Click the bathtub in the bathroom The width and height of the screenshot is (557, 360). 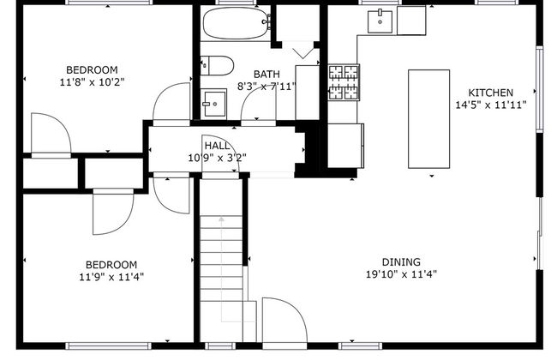click(236, 23)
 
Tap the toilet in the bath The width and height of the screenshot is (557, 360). click(217, 65)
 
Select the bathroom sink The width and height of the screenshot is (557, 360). click(213, 104)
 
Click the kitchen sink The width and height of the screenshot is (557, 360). click(380, 21)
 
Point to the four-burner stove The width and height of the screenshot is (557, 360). click(344, 82)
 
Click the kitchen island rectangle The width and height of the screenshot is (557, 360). click(428, 118)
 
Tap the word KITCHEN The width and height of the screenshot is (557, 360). click(490, 93)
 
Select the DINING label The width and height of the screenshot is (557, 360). click(401, 262)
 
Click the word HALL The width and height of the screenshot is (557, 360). click(217, 146)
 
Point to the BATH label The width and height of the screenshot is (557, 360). click(267, 75)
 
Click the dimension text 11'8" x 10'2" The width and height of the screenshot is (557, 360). click(92, 82)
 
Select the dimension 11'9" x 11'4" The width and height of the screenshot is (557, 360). click(111, 277)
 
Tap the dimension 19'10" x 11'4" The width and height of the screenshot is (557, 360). click(401, 274)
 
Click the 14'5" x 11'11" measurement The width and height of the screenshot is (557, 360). click(491, 105)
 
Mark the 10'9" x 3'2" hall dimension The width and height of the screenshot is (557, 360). click(217, 158)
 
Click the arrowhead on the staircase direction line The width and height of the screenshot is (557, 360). click(222, 219)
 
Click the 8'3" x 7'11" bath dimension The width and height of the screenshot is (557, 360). click(267, 87)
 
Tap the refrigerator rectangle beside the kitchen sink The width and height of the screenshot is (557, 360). click(411, 21)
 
